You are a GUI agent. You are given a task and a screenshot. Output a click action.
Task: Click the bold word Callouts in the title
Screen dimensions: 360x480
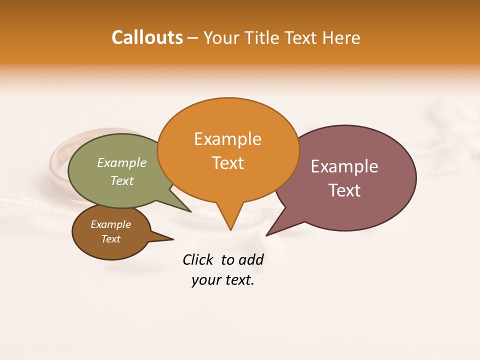[x=147, y=37]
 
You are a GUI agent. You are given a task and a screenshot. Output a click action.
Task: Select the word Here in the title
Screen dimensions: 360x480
[x=342, y=37]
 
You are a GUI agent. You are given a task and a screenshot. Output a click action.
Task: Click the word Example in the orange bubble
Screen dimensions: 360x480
[x=227, y=139]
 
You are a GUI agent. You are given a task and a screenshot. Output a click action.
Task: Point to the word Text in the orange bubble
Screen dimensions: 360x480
[x=227, y=162]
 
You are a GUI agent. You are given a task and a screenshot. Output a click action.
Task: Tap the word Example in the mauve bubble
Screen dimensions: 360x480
[x=344, y=166]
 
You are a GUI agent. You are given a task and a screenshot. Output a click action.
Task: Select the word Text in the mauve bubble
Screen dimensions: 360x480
[x=344, y=190]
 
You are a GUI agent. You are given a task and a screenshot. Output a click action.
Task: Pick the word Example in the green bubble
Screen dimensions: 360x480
[x=122, y=162]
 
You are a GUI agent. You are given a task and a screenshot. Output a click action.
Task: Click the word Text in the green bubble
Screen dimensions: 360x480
[x=122, y=180]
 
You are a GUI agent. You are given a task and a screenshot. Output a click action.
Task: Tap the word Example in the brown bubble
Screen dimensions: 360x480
[x=110, y=224]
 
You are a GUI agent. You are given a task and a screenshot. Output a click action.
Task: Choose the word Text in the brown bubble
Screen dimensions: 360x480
[x=110, y=239]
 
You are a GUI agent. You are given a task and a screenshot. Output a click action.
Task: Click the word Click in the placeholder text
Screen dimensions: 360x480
[x=197, y=260]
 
